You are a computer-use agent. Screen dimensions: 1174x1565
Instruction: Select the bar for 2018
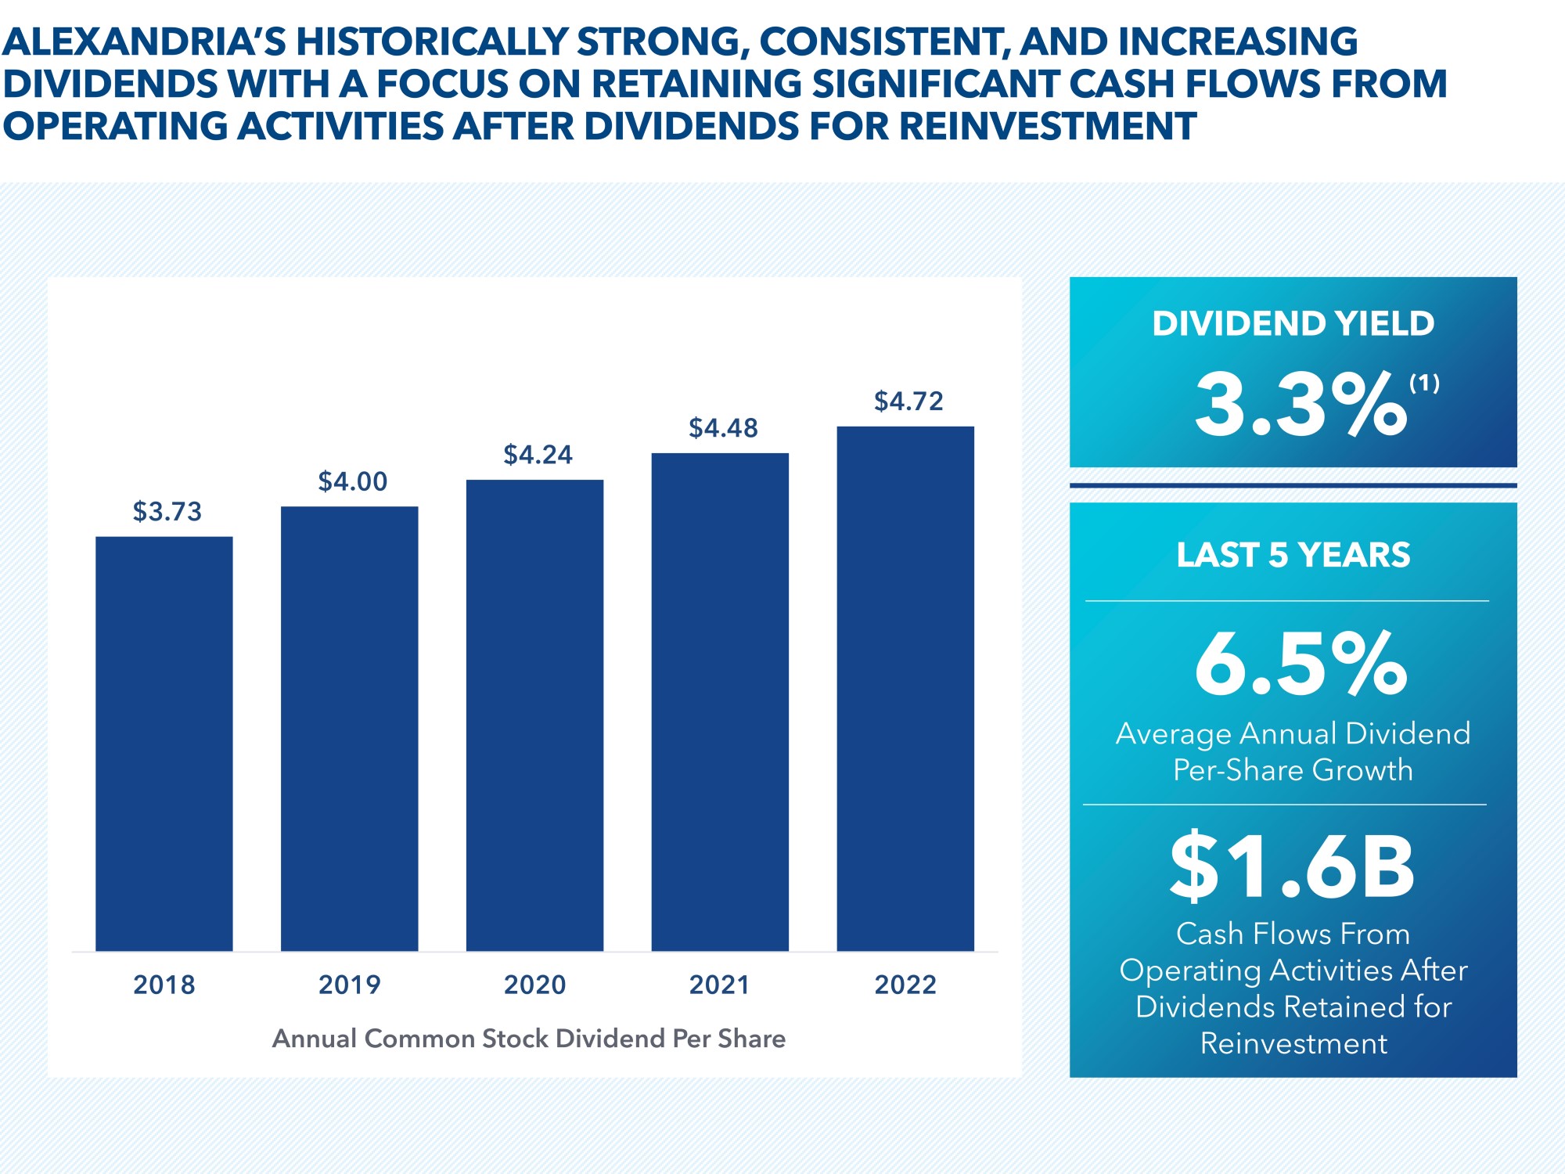164,744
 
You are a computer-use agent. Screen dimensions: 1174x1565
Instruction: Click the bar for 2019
349,728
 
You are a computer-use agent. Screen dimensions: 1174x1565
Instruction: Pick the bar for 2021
720,701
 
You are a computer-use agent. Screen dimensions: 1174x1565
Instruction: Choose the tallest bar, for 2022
905,688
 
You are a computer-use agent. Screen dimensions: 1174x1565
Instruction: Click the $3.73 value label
167,512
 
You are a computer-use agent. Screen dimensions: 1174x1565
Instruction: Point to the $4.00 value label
352,481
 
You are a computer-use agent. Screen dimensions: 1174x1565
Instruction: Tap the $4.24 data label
538,455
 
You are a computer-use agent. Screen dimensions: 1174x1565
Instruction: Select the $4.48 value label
723,428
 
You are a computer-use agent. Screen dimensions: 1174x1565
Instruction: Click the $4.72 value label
908,402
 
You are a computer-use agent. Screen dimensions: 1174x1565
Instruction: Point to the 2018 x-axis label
164,985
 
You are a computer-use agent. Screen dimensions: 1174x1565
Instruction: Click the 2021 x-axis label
720,985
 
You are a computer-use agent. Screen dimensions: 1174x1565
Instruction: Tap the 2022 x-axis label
905,985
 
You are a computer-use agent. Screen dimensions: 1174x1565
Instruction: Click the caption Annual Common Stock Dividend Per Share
529,1039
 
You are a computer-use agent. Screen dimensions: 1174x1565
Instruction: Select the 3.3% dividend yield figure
1300,405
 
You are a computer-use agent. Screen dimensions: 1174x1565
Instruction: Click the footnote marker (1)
1424,383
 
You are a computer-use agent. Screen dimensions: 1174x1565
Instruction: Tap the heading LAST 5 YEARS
1293,555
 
